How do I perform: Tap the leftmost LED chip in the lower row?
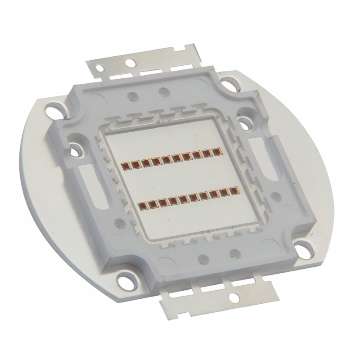pyautogui.click(x=142, y=206)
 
